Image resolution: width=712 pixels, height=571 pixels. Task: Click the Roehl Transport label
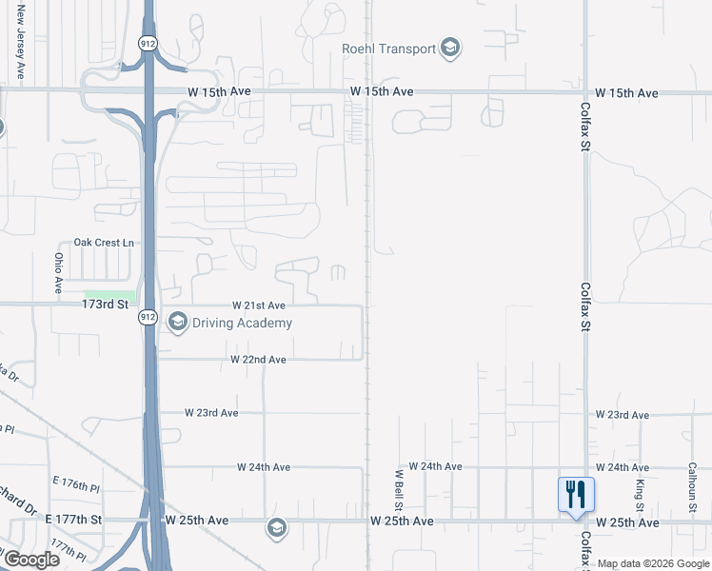click(389, 49)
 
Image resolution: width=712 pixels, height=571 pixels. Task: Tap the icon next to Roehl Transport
click(450, 48)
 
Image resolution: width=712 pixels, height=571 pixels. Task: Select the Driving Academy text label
click(242, 323)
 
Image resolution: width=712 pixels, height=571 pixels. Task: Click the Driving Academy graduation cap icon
click(177, 323)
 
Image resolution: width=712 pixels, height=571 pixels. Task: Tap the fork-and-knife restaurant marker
click(576, 495)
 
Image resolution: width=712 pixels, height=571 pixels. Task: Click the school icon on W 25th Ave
click(276, 528)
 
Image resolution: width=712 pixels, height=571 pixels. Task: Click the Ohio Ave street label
click(58, 272)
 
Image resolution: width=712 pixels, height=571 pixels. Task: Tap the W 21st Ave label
click(259, 305)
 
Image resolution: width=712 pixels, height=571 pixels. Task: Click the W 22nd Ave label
click(258, 360)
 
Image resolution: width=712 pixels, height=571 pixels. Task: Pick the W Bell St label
click(399, 487)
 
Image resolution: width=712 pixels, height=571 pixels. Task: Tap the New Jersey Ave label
click(20, 48)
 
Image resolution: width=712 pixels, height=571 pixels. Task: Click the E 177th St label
click(72, 521)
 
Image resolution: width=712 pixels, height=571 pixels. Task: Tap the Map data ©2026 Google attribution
click(653, 564)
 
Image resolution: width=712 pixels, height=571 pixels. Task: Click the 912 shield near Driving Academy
click(147, 316)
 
